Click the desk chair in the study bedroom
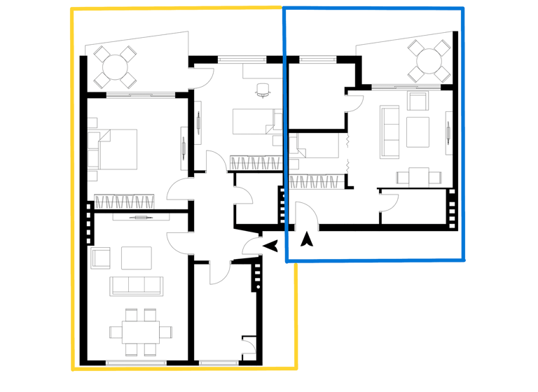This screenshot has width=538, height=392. pyautogui.click(x=263, y=88)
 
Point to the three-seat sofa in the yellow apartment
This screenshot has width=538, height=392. pyautogui.click(x=136, y=286)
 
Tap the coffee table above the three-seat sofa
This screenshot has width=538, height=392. pyautogui.click(x=136, y=257)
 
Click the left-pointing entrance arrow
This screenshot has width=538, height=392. pyautogui.click(x=270, y=245)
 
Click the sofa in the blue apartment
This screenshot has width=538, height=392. pyautogui.click(x=389, y=130)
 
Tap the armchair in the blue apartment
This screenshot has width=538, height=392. pyautogui.click(x=418, y=102)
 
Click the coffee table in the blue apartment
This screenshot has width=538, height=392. pyautogui.click(x=418, y=132)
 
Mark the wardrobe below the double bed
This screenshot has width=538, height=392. pyautogui.click(x=123, y=202)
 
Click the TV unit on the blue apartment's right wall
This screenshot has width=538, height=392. pyautogui.click(x=448, y=132)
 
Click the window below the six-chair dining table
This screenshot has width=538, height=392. pyautogui.click(x=136, y=362)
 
